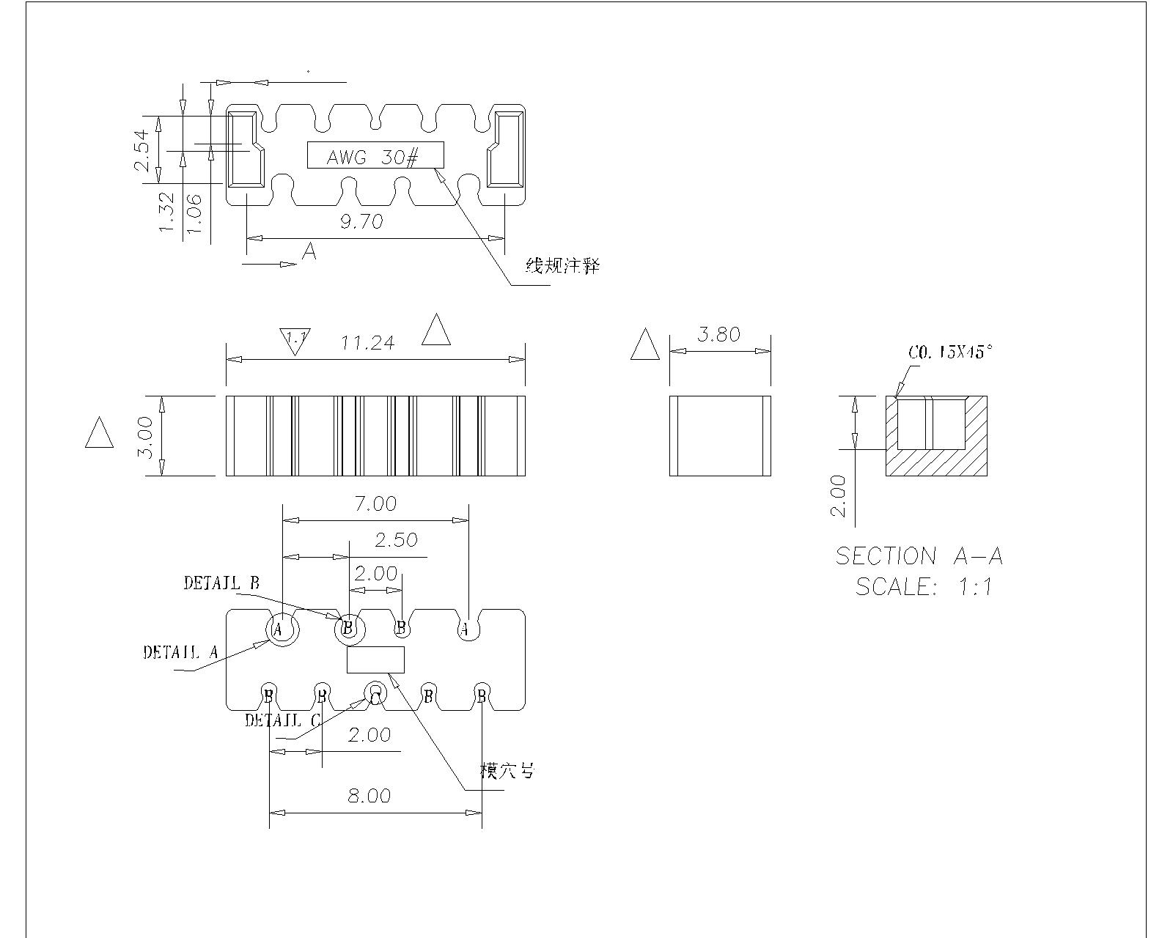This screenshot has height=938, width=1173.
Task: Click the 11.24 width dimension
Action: point(368,343)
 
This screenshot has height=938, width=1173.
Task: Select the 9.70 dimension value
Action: point(361,221)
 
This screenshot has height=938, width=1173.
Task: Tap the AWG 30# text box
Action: point(375,155)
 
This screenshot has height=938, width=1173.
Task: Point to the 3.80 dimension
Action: point(718,335)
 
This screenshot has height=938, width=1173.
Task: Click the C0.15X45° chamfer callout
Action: point(950,352)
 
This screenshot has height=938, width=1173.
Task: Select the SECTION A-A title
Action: point(919,556)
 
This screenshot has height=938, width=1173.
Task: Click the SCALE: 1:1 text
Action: point(924,587)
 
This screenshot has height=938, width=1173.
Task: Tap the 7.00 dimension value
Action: point(375,504)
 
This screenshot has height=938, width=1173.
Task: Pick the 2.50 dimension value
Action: point(396,540)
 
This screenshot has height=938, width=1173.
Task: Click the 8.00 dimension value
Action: point(369,796)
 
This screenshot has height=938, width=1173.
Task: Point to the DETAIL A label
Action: point(180,652)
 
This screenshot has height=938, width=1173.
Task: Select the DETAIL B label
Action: point(221,583)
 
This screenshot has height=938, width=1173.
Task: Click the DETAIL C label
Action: point(282,720)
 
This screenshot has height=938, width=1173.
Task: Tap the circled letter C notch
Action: point(375,694)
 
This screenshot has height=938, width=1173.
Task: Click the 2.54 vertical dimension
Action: point(142,149)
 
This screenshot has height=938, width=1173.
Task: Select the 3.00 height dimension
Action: point(146,437)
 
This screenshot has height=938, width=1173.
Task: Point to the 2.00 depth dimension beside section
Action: point(839,496)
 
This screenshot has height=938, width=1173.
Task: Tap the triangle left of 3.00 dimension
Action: point(99,434)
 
